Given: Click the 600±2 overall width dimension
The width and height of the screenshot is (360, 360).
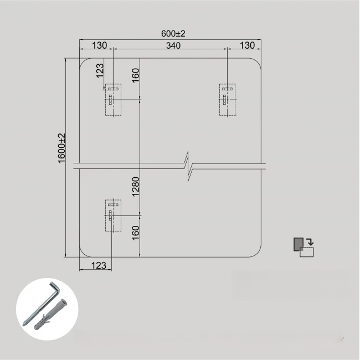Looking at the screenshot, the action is pyautogui.click(x=173, y=34).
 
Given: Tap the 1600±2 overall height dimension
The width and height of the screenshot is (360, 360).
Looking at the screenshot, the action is pyautogui.click(x=62, y=148).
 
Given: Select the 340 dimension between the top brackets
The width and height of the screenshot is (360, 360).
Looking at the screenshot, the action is pyautogui.click(x=173, y=45).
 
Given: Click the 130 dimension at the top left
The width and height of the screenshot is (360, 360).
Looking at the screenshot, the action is pyautogui.click(x=99, y=45).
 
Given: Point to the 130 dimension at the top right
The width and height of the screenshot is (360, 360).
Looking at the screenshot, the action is pyautogui.click(x=247, y=45).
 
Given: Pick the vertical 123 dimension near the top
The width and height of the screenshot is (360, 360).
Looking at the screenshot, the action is pyautogui.click(x=100, y=71).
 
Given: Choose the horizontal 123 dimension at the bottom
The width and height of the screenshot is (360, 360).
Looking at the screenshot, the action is pyautogui.click(x=99, y=265).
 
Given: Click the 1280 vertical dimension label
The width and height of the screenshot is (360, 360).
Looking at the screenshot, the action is pyautogui.click(x=136, y=187).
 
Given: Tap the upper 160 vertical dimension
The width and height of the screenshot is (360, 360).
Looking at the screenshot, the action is pyautogui.click(x=136, y=75).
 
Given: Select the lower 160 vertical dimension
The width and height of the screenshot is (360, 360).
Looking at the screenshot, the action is pyautogui.click(x=136, y=233).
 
